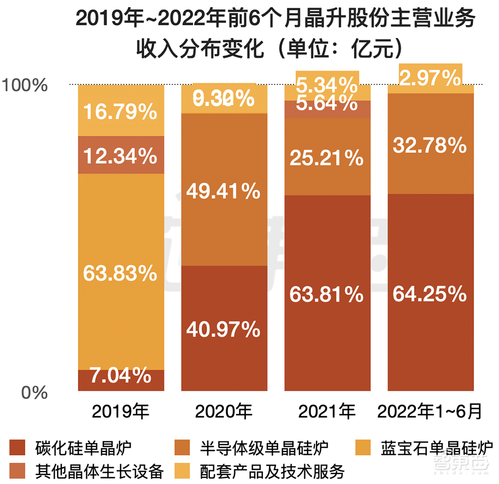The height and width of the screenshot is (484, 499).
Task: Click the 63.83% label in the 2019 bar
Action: click(x=121, y=273)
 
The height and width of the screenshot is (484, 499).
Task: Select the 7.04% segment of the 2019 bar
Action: click(x=121, y=375)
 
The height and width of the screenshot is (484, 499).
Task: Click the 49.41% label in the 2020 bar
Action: click(x=223, y=190)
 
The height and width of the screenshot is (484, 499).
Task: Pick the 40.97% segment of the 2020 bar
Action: click(x=223, y=329)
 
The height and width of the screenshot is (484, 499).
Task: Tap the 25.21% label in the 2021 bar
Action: click(x=327, y=158)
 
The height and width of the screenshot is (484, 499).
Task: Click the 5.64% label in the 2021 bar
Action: click(x=327, y=103)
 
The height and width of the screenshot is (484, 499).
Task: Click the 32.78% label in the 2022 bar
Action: click(x=430, y=146)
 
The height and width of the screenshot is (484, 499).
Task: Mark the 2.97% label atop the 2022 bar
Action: click(x=430, y=78)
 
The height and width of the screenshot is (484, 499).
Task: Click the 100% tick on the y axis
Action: click(x=24, y=85)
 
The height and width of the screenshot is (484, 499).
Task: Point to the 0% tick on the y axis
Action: click(x=34, y=393)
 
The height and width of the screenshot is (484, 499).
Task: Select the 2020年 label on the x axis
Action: click(x=223, y=412)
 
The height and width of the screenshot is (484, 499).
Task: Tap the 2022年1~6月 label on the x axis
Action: click(x=430, y=412)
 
